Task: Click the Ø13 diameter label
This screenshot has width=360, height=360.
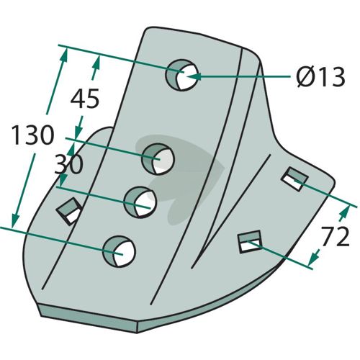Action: [x=320, y=77]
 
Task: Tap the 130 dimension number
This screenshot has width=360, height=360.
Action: [x=32, y=135]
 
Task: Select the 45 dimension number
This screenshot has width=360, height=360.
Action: [x=85, y=98]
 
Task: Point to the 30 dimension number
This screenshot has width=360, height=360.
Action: [x=68, y=164]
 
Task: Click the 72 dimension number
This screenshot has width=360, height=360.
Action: [x=335, y=237]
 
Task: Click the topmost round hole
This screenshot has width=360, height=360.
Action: [x=182, y=75]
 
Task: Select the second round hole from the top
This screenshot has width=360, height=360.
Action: [x=158, y=159]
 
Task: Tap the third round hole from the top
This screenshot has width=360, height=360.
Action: [x=140, y=202]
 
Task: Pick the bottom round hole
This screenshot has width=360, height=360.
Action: [x=120, y=251]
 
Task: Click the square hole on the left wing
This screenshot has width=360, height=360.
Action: [x=69, y=211]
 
